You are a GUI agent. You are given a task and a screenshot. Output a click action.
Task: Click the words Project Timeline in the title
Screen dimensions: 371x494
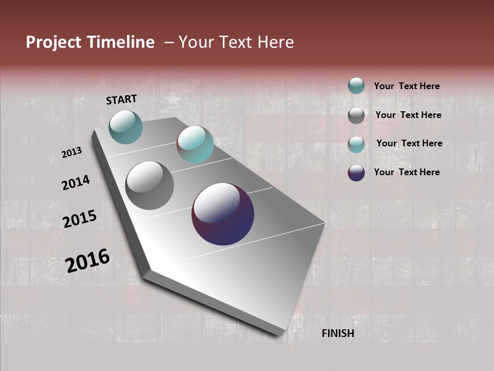coord(90,42)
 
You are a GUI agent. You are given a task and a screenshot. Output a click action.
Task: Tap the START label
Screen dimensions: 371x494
coord(121,99)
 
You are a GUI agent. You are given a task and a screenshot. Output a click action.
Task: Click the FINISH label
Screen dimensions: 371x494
coord(338,333)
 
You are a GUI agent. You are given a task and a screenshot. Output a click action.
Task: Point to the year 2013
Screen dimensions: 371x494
coord(72,153)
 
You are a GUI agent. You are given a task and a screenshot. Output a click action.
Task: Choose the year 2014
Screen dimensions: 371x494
coord(76,182)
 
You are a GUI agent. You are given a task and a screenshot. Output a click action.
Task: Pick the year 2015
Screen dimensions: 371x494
coord(79,219)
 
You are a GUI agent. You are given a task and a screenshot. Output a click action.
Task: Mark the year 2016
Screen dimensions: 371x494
coord(87,260)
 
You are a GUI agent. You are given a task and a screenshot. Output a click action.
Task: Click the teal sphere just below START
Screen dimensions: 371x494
coord(126,127)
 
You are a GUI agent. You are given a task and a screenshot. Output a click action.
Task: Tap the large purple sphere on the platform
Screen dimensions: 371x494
coord(223,214)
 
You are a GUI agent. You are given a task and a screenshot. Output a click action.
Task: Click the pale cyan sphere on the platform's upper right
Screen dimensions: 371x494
coord(195,144)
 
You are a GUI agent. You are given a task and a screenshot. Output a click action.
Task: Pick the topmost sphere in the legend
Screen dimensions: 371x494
coord(356,86)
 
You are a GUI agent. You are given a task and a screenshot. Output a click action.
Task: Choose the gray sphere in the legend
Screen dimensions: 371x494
coord(356,115)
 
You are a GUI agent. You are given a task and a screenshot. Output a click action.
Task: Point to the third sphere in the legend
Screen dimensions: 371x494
coord(356,144)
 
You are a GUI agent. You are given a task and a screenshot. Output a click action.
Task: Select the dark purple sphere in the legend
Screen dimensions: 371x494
coord(356,173)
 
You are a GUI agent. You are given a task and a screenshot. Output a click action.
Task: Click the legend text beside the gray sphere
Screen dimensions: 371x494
coord(408,115)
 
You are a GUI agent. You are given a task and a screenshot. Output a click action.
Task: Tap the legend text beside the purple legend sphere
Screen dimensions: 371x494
coord(407,172)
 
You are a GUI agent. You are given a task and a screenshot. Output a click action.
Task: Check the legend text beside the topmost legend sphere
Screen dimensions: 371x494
coord(407,86)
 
